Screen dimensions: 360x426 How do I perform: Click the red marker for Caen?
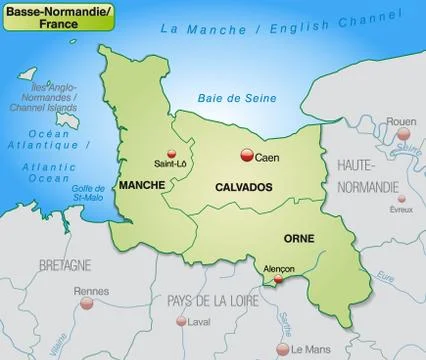[246, 155]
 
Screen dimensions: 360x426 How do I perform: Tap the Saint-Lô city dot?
[170, 153]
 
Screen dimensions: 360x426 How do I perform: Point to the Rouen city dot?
[400, 135]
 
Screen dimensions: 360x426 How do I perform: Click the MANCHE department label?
[142, 185]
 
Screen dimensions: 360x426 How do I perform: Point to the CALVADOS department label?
[244, 187]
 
